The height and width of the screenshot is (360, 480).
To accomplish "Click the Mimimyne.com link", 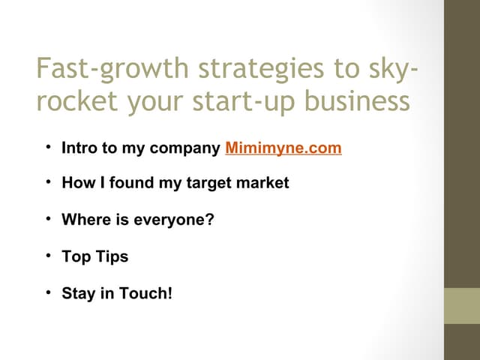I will tap(283, 148).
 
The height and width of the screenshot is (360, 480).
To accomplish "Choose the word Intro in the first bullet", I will tap(79, 148).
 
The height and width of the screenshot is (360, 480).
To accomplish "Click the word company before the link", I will tap(184, 148).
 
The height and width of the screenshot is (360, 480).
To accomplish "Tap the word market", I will tap(263, 183).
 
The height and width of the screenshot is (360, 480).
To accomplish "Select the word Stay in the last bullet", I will tap(77, 292).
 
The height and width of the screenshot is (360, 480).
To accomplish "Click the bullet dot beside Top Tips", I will tap(47, 256).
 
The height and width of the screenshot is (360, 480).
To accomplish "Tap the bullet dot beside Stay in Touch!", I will tap(47, 292).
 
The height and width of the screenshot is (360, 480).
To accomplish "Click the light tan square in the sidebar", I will tap(461, 305).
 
